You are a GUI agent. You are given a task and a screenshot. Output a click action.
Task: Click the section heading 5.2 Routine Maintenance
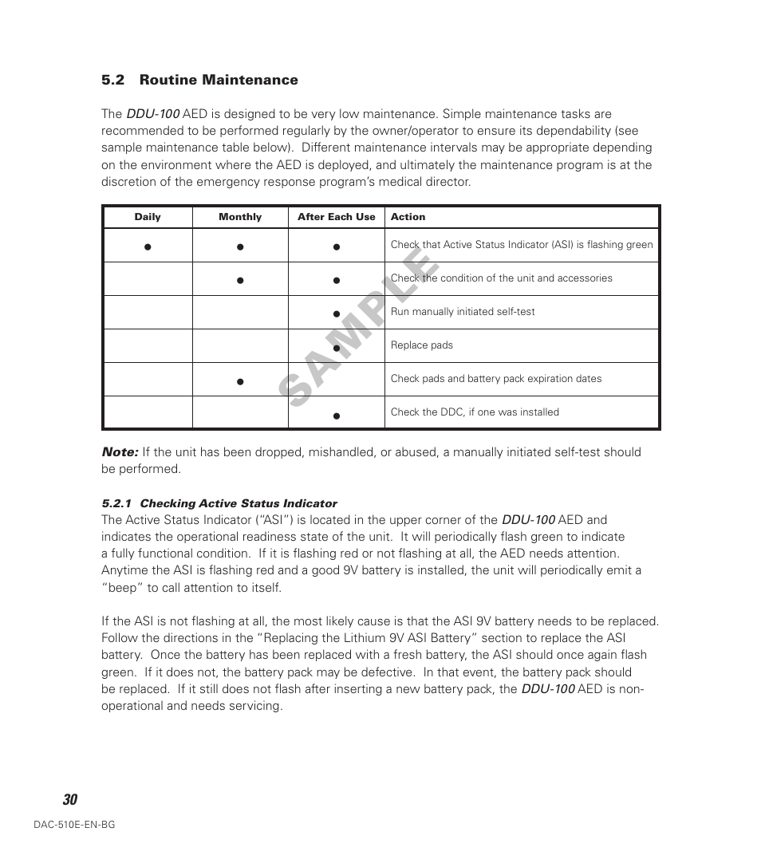[199, 80]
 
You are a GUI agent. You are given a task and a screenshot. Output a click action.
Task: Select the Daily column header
[148, 217]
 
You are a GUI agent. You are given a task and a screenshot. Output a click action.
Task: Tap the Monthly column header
[240, 217]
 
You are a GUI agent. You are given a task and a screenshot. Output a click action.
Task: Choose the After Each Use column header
[336, 217]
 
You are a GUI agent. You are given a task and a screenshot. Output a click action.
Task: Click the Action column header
[408, 217]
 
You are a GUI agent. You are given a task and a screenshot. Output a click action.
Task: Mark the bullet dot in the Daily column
[148, 247]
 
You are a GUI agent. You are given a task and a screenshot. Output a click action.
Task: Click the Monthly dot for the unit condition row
[239, 281]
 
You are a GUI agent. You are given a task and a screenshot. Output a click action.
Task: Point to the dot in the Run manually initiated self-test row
[337, 314]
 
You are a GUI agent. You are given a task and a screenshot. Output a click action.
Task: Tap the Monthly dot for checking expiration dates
[239, 382]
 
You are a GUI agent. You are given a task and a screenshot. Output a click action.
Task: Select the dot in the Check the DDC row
[337, 416]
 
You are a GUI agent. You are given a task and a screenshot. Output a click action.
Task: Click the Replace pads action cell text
[421, 345]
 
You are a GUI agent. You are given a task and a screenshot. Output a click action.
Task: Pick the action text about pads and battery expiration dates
[495, 379]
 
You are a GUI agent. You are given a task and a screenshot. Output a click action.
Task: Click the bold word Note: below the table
[120, 452]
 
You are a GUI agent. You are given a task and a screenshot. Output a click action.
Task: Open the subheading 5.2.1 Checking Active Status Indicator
[219, 503]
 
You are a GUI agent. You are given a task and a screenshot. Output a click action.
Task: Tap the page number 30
[70, 800]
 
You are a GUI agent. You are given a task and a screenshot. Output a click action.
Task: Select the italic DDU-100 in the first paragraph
[152, 114]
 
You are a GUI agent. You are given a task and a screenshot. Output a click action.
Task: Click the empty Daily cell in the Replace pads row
[148, 346]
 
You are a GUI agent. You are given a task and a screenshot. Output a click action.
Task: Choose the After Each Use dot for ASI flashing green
[337, 247]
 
